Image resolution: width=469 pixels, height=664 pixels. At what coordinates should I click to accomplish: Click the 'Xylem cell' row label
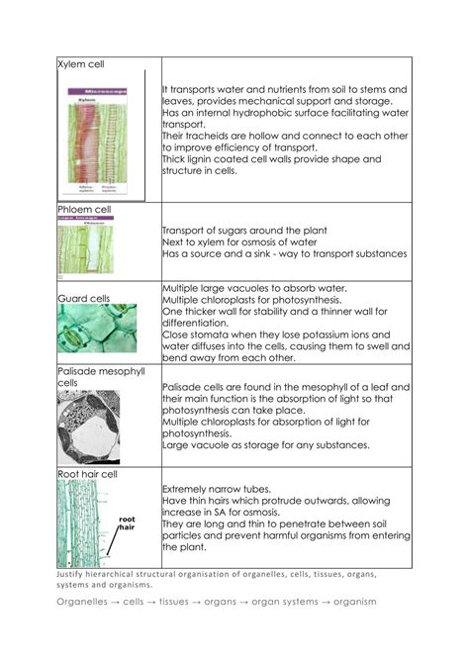click(82, 64)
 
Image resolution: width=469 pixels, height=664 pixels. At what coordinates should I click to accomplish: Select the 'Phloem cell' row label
click(86, 210)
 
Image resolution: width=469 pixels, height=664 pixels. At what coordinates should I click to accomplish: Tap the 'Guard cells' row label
click(83, 297)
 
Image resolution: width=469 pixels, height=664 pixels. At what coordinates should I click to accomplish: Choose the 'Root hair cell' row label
click(88, 474)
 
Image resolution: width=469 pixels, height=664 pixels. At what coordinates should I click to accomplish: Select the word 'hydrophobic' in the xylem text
click(267, 115)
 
